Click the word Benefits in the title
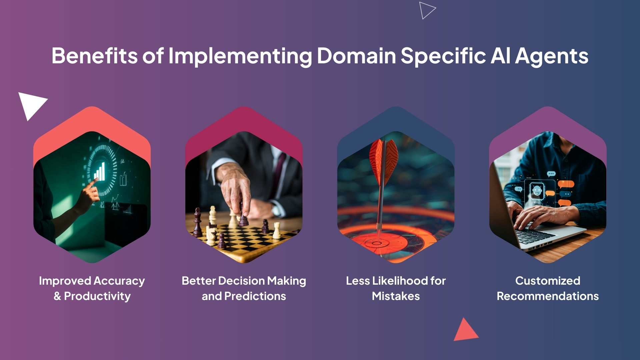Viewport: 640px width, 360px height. click(x=95, y=55)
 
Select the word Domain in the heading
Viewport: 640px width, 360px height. click(x=356, y=55)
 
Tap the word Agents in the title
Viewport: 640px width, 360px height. click(x=552, y=56)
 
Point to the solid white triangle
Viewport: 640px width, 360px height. click(x=31, y=104)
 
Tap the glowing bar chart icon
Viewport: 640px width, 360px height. click(x=100, y=172)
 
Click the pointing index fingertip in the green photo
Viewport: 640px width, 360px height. click(x=96, y=179)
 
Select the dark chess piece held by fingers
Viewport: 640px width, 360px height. click(x=243, y=215)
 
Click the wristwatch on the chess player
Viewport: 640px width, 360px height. click(x=276, y=210)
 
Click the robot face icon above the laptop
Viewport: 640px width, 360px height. click(x=537, y=191)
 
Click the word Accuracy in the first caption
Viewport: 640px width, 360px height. click(x=119, y=281)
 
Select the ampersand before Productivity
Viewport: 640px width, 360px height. click(x=57, y=296)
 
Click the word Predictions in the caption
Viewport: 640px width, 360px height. click(x=255, y=296)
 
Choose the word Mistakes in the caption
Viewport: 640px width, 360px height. click(x=396, y=296)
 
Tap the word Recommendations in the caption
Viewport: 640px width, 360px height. click(x=548, y=296)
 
